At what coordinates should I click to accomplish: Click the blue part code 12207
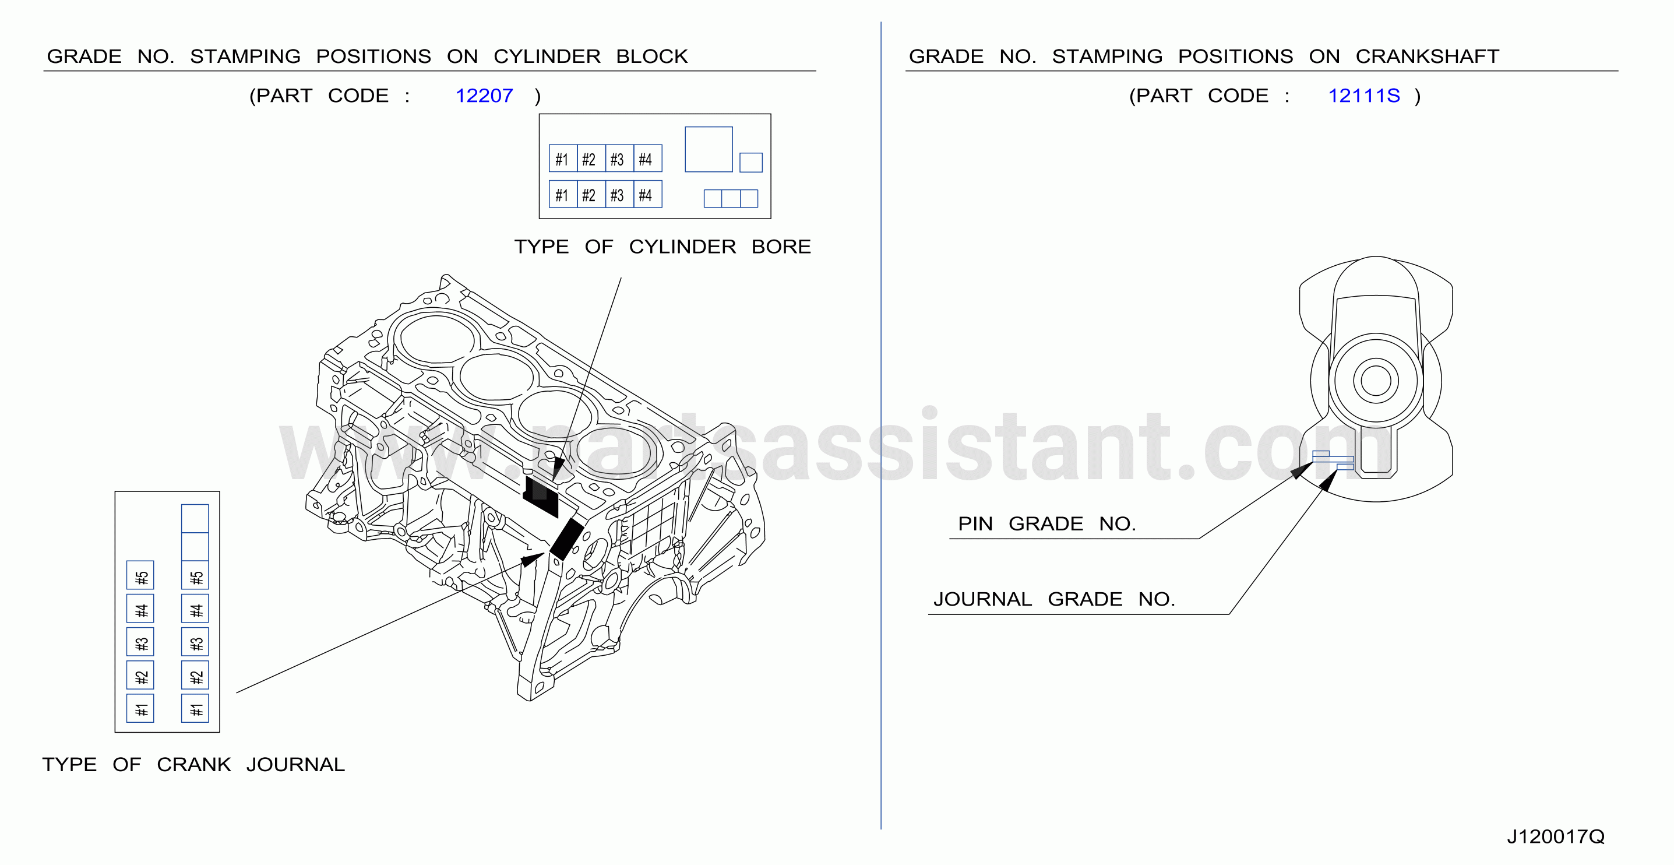pos(484,96)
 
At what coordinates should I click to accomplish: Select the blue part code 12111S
pos(1363,96)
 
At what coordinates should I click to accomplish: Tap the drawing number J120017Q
pos(1556,836)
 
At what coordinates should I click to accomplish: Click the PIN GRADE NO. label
pos(1047,524)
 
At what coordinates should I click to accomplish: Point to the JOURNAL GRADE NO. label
pos(1054,599)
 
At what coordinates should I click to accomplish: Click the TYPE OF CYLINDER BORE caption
pos(662,247)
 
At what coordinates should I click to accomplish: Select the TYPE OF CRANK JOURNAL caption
pos(193,765)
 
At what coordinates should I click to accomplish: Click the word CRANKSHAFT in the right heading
pos(1427,57)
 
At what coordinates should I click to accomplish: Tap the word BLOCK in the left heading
pos(652,57)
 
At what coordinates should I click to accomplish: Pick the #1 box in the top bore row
pos(563,159)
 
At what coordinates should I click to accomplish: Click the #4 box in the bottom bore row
pos(648,194)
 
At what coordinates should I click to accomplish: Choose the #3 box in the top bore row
pos(619,159)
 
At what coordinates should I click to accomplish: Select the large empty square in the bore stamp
pos(709,149)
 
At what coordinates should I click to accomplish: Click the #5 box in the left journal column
pos(140,575)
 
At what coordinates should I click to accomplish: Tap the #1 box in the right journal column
pos(195,708)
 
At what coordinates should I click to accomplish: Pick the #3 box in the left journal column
pos(140,642)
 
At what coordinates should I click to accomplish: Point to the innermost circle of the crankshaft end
pos(1376,381)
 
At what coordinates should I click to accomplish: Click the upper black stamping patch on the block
pos(541,497)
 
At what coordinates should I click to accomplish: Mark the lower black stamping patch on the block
pos(567,538)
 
